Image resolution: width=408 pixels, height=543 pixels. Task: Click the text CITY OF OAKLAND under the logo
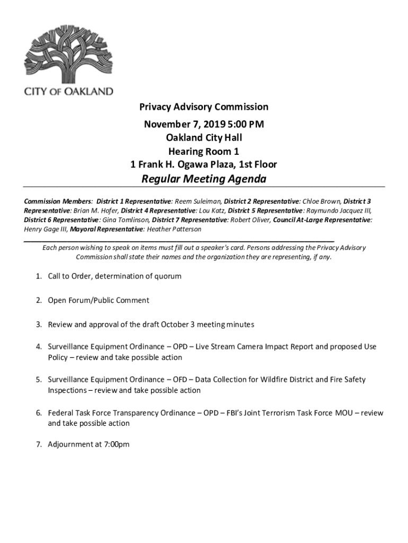[x=68, y=91]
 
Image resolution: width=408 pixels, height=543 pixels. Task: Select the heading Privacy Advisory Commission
[x=203, y=107]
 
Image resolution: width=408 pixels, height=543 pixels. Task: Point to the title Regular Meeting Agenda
[x=203, y=179]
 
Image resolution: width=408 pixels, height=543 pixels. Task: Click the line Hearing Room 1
[x=203, y=151]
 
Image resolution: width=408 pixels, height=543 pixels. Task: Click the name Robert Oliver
[x=249, y=220]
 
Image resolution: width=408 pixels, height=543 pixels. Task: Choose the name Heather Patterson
[x=174, y=229]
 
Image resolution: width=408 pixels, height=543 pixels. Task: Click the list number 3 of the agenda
[x=39, y=324]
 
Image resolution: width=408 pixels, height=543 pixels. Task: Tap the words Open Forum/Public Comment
[x=99, y=300]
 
